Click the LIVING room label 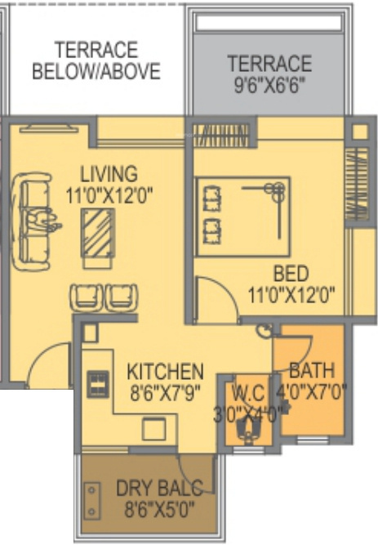tap(108, 173)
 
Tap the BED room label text tap(291, 274)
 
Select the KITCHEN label tap(165, 371)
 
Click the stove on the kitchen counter tap(97, 382)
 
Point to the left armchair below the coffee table tap(87, 296)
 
